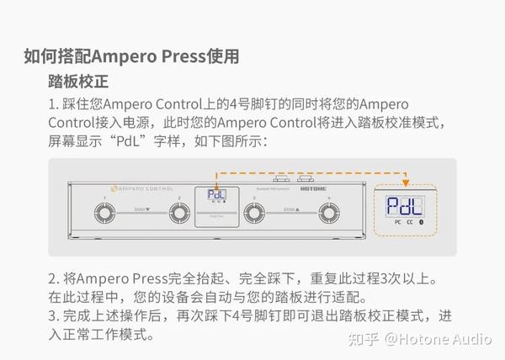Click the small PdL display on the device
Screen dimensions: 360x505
coord(215,195)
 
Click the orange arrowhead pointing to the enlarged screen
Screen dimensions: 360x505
coord(405,182)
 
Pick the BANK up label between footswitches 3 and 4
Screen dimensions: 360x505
coord(290,206)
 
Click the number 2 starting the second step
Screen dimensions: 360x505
coord(52,278)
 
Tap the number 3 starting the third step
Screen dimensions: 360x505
coord(52,317)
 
